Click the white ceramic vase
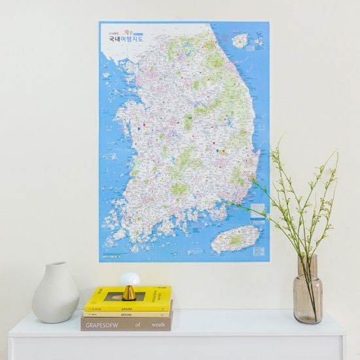[x=55, y=295]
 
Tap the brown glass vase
[x=308, y=295]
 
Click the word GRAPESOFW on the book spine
[x=101, y=323]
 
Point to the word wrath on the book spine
[x=157, y=323]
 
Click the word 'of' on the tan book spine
[x=138, y=323]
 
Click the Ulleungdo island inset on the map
[x=240, y=41]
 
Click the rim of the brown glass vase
[x=307, y=257]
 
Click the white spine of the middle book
[x=128, y=314]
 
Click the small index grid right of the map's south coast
[x=259, y=209]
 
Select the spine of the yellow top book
[x=128, y=306]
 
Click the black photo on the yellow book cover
[x=124, y=296]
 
